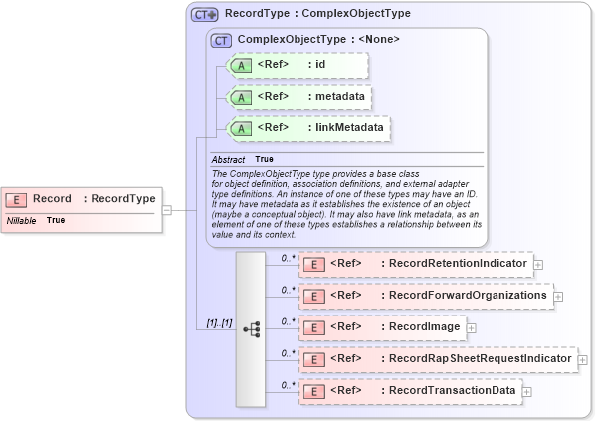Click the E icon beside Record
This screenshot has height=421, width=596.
tap(17, 199)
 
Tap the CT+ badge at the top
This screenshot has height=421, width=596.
tap(205, 15)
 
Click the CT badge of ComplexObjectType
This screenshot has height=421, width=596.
tap(221, 40)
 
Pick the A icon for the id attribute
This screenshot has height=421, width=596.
tap(241, 66)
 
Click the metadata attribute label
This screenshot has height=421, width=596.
tap(339, 97)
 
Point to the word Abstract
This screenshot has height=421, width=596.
tap(228, 159)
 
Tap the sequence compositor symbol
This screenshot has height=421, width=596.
tap(251, 327)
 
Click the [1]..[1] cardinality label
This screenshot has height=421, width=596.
tap(213, 323)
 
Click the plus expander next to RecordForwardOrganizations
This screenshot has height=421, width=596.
tap(558, 296)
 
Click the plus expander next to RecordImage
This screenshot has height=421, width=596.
tap(472, 327)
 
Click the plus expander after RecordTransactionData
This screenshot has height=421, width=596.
tap(527, 391)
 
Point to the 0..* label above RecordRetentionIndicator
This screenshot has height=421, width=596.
tap(290, 258)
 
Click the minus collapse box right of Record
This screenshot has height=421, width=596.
tap(167, 210)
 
